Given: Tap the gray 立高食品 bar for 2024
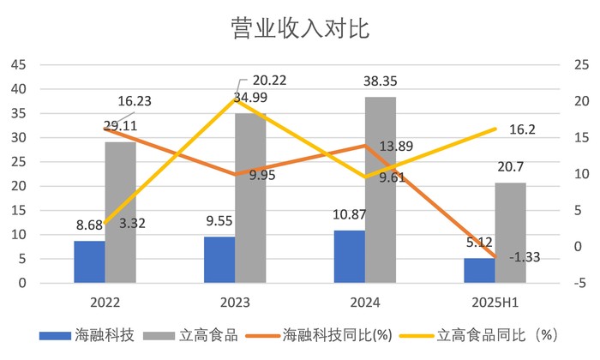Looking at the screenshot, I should coord(381,189).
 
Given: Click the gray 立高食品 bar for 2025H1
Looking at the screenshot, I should coord(510,232).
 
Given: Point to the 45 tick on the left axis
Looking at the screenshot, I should coord(19,65).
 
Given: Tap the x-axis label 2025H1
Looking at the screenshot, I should coord(495,303).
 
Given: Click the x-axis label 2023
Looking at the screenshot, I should coord(235,303).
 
